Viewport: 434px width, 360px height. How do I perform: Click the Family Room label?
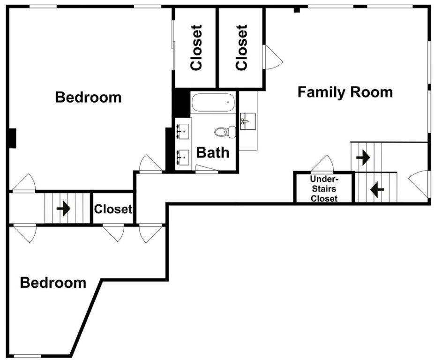(x=345, y=92)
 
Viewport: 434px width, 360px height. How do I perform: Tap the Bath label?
(x=213, y=153)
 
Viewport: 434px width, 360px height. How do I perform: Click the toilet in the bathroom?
(x=225, y=132)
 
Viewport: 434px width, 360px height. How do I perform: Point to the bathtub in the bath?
(x=213, y=103)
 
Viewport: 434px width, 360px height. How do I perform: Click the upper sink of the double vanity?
(x=183, y=131)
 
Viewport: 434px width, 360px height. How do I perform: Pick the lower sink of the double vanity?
(x=183, y=157)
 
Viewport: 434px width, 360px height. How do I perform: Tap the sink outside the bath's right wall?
(x=248, y=121)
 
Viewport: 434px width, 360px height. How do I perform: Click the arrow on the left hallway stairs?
(x=63, y=208)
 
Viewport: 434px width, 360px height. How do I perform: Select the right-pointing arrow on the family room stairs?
(x=363, y=157)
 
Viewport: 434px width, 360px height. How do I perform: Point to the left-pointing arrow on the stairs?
(x=377, y=190)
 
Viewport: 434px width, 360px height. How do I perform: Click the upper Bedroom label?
(x=88, y=97)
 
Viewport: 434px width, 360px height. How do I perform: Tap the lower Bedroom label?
(x=53, y=283)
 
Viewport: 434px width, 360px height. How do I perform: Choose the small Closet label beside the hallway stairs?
(x=113, y=209)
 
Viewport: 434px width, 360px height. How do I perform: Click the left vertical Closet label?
(x=196, y=47)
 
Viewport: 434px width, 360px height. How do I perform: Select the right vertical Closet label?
(x=241, y=47)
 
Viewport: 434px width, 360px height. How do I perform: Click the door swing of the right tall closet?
(x=273, y=57)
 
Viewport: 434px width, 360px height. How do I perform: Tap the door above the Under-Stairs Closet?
(x=322, y=164)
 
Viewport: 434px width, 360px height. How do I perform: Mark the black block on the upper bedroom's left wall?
(x=12, y=138)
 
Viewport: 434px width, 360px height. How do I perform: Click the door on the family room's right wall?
(x=419, y=184)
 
